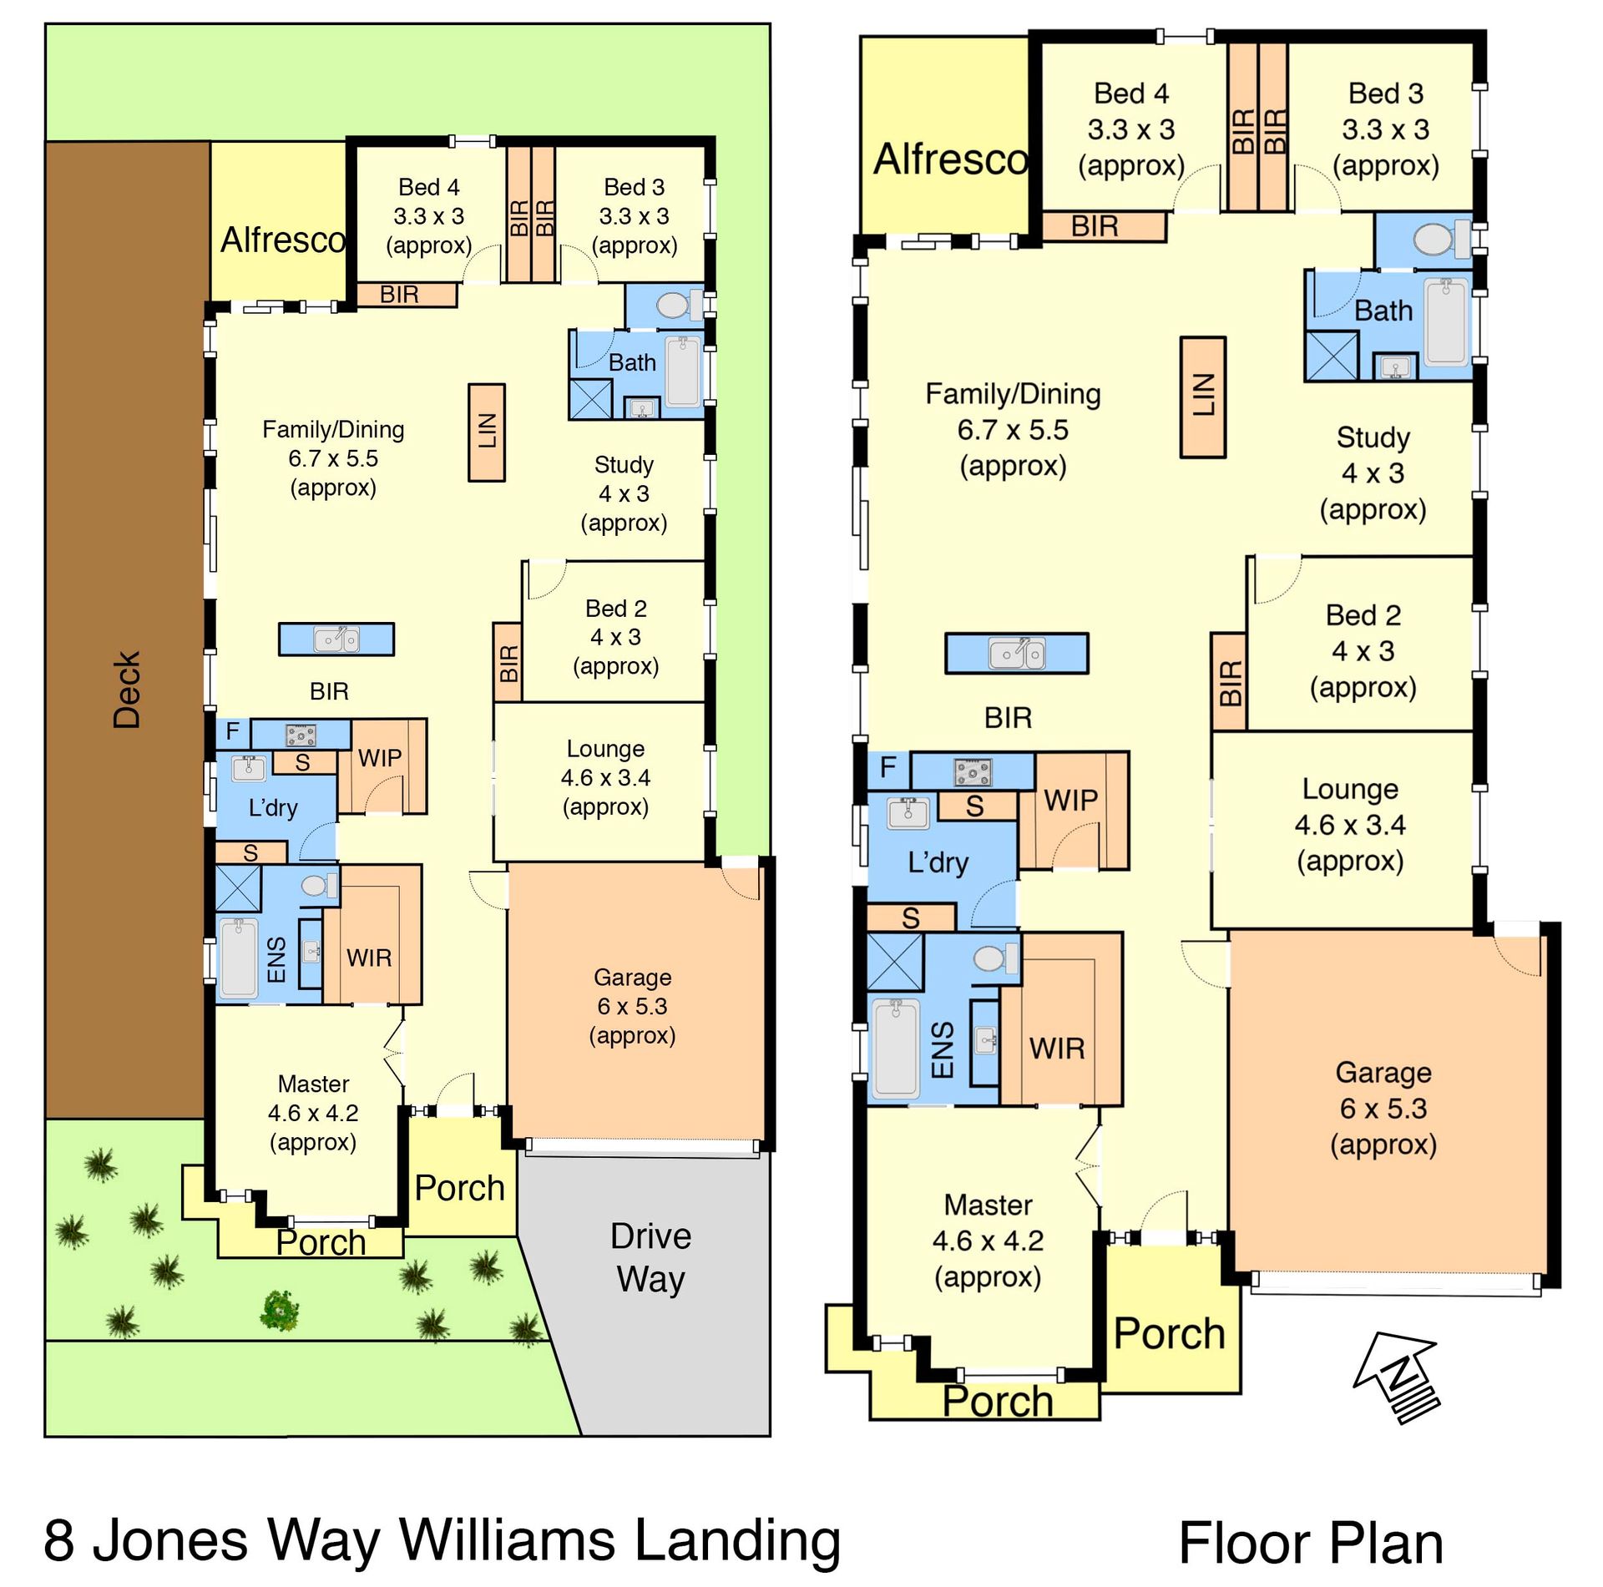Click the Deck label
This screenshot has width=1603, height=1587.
127,690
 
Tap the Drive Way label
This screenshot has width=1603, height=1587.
651,1257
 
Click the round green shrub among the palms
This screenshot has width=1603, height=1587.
280,1311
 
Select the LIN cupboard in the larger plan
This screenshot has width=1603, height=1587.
1202,397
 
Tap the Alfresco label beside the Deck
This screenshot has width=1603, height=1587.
283,240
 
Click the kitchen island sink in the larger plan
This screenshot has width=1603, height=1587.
1017,653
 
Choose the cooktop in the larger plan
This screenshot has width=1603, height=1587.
973,771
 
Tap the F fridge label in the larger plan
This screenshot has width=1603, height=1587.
888,766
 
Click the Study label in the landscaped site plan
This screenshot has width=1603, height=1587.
624,464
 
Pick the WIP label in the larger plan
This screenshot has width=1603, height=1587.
1070,800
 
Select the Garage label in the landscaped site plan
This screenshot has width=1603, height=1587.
632,977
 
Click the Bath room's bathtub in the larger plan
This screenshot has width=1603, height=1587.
1446,322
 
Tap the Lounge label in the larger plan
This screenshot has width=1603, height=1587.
1350,789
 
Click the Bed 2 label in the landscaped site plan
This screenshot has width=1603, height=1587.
616,608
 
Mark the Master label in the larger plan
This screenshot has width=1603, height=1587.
988,1205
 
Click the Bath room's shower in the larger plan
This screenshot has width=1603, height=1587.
1332,356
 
